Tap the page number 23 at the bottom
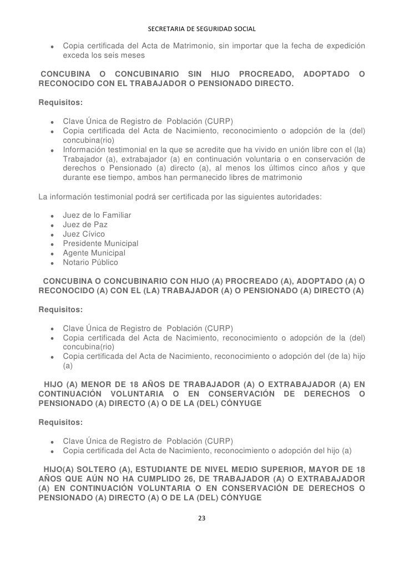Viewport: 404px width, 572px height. pos(201,518)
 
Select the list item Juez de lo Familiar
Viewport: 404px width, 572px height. pos(97,215)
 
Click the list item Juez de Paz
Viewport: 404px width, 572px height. pos(85,224)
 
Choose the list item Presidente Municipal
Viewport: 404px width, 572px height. pos(100,243)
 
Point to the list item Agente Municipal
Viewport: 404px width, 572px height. pos(94,253)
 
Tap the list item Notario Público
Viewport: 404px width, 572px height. pos(90,262)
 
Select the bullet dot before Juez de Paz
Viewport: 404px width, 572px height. pos(52,225)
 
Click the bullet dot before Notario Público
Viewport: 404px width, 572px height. pos(52,263)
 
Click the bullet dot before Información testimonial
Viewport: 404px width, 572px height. pos(52,150)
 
